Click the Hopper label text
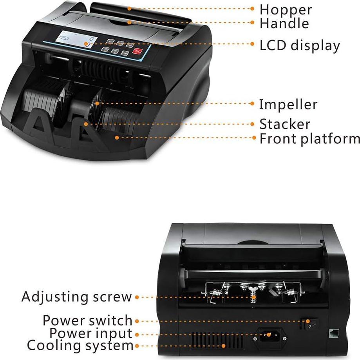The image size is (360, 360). tap(286, 9)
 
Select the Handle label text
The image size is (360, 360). tap(284, 23)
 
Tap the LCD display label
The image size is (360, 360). tap(300, 45)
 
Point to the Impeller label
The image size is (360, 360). tap(288, 105)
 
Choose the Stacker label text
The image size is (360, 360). tap(285, 124)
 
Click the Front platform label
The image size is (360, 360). tap(309, 139)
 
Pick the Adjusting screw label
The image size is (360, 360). tap(77, 297)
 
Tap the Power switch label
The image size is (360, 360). tap(87, 320)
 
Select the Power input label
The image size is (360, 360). tap(90, 333)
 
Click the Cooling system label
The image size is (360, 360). tap(80, 346)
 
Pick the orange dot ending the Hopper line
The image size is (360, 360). tap(129, 8)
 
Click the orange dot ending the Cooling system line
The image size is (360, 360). tap(224, 346)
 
